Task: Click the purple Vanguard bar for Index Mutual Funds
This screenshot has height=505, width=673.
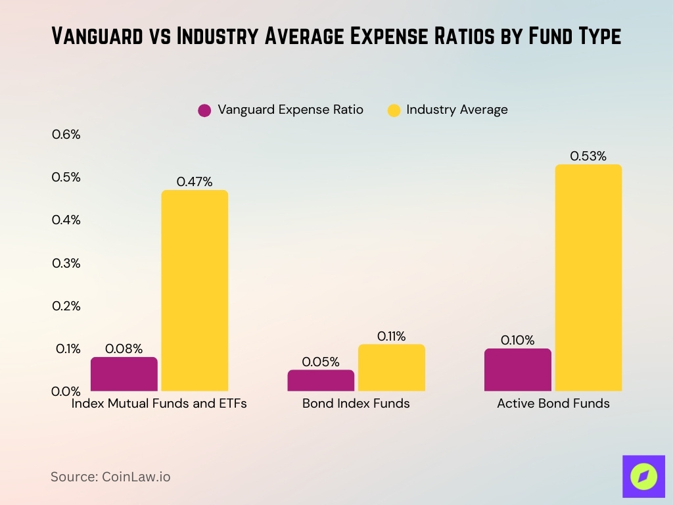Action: (124, 374)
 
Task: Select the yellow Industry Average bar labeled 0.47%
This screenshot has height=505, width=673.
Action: (195, 291)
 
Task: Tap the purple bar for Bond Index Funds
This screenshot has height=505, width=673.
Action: (321, 381)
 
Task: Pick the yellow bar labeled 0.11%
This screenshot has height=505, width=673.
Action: (391, 368)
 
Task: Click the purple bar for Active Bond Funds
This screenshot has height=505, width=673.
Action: (517, 370)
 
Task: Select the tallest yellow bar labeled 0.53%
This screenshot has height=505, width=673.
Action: (588, 277)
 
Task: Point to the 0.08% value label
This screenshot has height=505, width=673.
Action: (124, 349)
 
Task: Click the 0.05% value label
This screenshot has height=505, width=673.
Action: (321, 362)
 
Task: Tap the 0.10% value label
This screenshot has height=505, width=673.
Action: (517, 341)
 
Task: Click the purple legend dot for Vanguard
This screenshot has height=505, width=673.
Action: (204, 110)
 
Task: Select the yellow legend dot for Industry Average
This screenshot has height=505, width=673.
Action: (394, 110)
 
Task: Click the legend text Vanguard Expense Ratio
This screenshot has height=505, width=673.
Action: (290, 110)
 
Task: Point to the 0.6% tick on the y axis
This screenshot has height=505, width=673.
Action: (66, 135)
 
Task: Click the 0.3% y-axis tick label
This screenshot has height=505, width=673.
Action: (66, 263)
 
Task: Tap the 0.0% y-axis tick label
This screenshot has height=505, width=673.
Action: (66, 391)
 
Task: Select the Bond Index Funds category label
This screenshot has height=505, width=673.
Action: (356, 404)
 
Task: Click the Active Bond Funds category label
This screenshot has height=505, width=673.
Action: (553, 404)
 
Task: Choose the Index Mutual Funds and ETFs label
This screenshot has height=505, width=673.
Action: (159, 404)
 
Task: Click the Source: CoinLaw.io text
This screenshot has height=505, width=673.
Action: (110, 477)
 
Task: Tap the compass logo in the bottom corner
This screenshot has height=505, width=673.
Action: (643, 477)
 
